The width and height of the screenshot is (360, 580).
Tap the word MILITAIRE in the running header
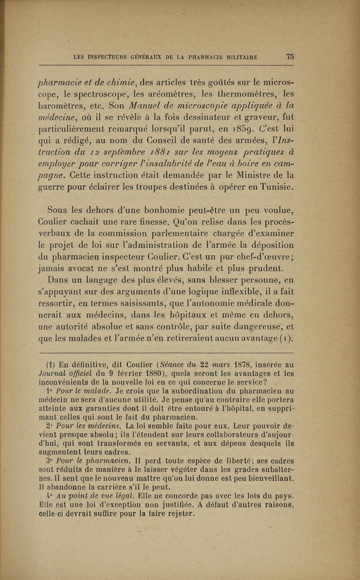(238, 57)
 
